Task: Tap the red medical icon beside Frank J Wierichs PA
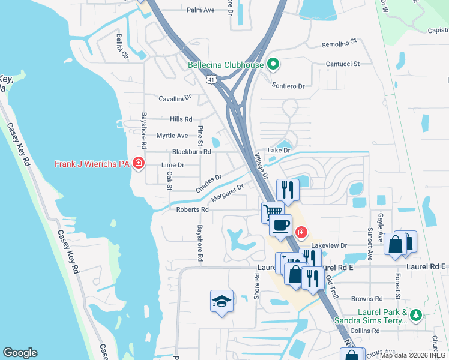click(x=139, y=163)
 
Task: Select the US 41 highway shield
click(x=211, y=79)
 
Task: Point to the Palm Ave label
click(x=200, y=10)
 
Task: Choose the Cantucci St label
click(x=342, y=64)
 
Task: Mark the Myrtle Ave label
click(x=172, y=136)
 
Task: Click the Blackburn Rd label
click(x=191, y=152)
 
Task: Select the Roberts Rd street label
click(x=192, y=209)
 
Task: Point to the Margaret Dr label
click(x=228, y=193)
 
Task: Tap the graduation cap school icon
click(x=221, y=301)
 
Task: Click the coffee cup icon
click(x=281, y=226)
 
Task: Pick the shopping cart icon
click(x=273, y=211)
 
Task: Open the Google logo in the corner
click(x=20, y=353)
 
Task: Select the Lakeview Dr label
click(x=330, y=245)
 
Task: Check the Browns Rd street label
click(x=367, y=298)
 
